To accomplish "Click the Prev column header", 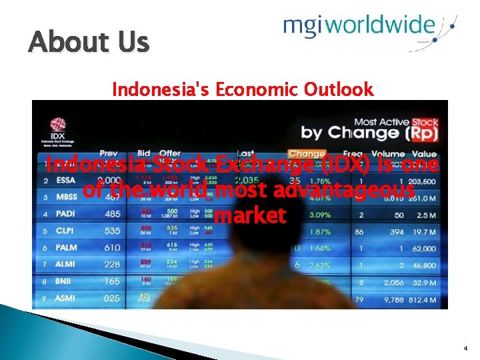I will [x=109, y=154].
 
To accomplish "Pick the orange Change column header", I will [x=306, y=154].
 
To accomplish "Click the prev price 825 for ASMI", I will [x=111, y=299].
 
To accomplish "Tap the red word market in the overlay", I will [x=251, y=216].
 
